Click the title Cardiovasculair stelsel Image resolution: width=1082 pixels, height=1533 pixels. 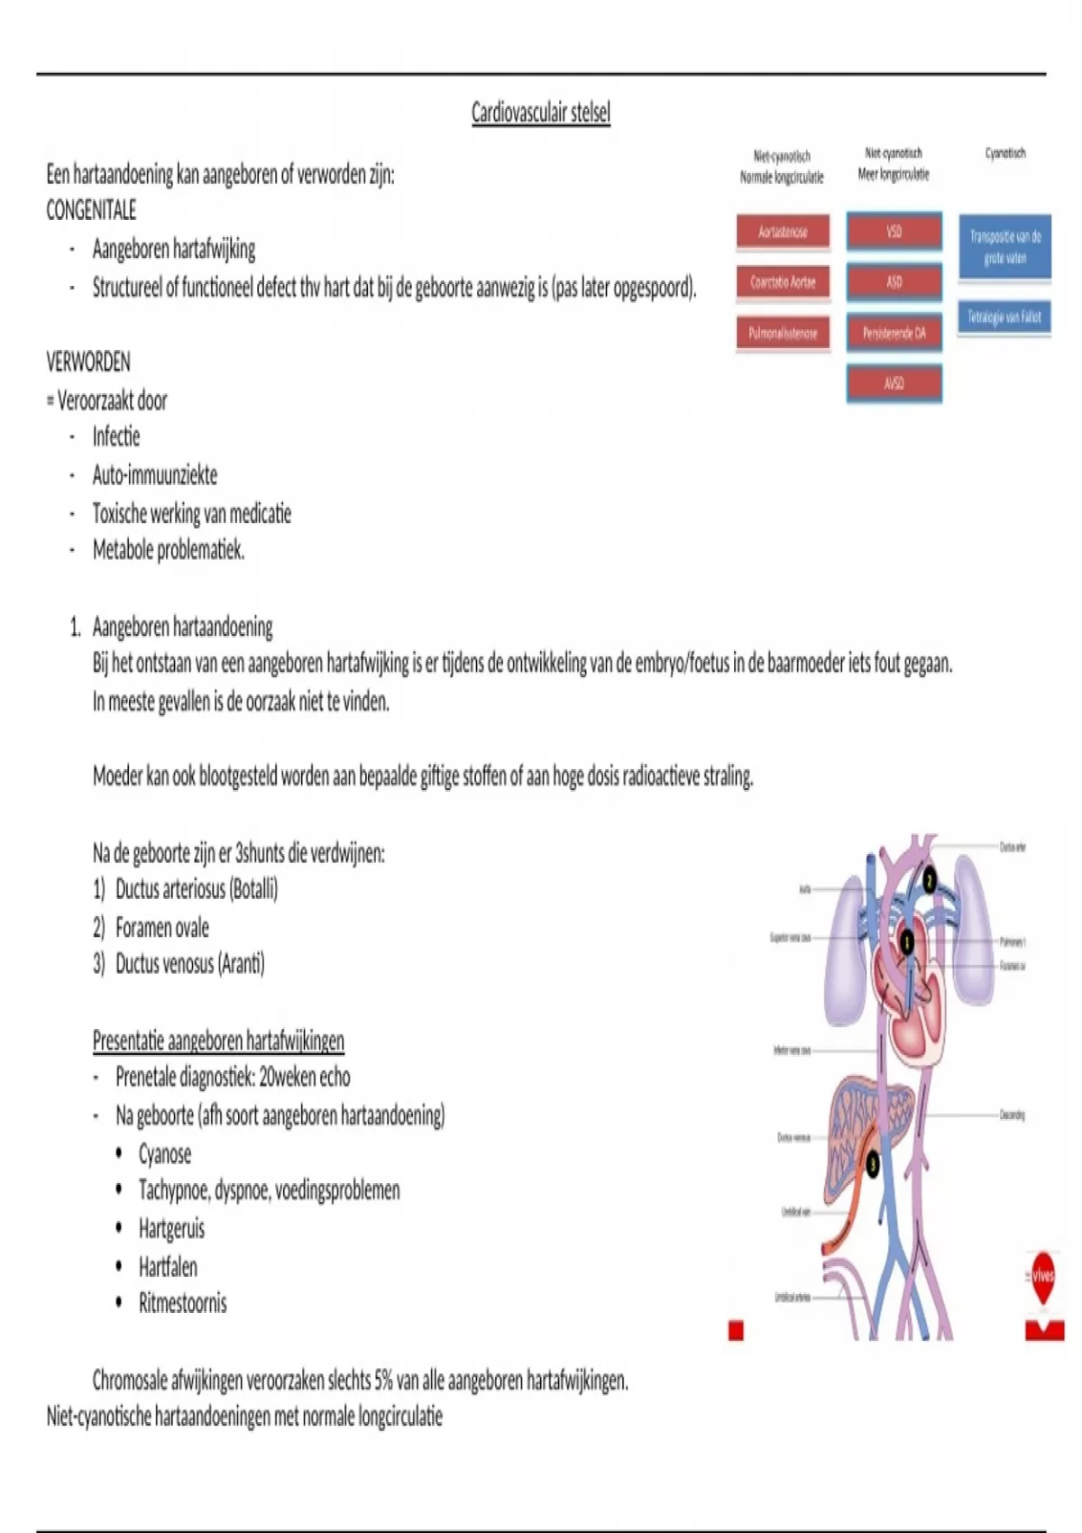click(541, 113)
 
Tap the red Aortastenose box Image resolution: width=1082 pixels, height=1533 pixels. click(783, 232)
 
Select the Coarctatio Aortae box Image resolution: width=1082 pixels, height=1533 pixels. click(783, 282)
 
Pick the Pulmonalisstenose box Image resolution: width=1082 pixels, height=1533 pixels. click(783, 333)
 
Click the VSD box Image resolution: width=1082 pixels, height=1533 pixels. click(894, 232)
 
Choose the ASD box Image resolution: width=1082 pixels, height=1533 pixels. click(894, 282)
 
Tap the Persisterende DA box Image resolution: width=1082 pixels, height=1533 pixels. click(894, 333)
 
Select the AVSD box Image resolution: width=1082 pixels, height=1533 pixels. click(894, 383)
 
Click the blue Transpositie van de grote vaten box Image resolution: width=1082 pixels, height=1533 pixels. click(1004, 247)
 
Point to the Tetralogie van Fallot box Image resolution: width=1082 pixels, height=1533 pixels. click(1004, 317)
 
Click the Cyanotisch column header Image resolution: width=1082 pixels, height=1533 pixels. click(1005, 153)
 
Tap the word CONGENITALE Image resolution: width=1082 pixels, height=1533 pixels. click(91, 211)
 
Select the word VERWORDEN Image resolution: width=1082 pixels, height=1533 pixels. click(88, 363)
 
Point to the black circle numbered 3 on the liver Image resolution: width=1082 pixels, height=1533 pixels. click(872, 1164)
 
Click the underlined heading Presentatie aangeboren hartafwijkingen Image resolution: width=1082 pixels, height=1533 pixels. click(218, 1041)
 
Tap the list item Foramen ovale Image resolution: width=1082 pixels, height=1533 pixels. click(162, 927)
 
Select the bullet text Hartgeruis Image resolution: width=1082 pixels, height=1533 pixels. click(171, 1228)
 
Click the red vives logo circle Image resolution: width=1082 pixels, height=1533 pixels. click(1043, 1275)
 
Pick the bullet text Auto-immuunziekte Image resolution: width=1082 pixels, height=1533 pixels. click(155, 475)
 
